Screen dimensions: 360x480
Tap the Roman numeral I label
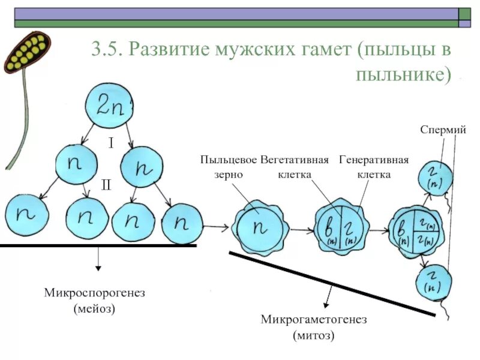click(x=111, y=143)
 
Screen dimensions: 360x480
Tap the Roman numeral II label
click(x=106, y=185)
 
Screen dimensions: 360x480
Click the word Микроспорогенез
click(x=95, y=293)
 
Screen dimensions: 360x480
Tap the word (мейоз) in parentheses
click(x=94, y=309)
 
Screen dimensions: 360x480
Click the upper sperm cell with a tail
click(x=433, y=176)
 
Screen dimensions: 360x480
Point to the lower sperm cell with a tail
click(x=433, y=282)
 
